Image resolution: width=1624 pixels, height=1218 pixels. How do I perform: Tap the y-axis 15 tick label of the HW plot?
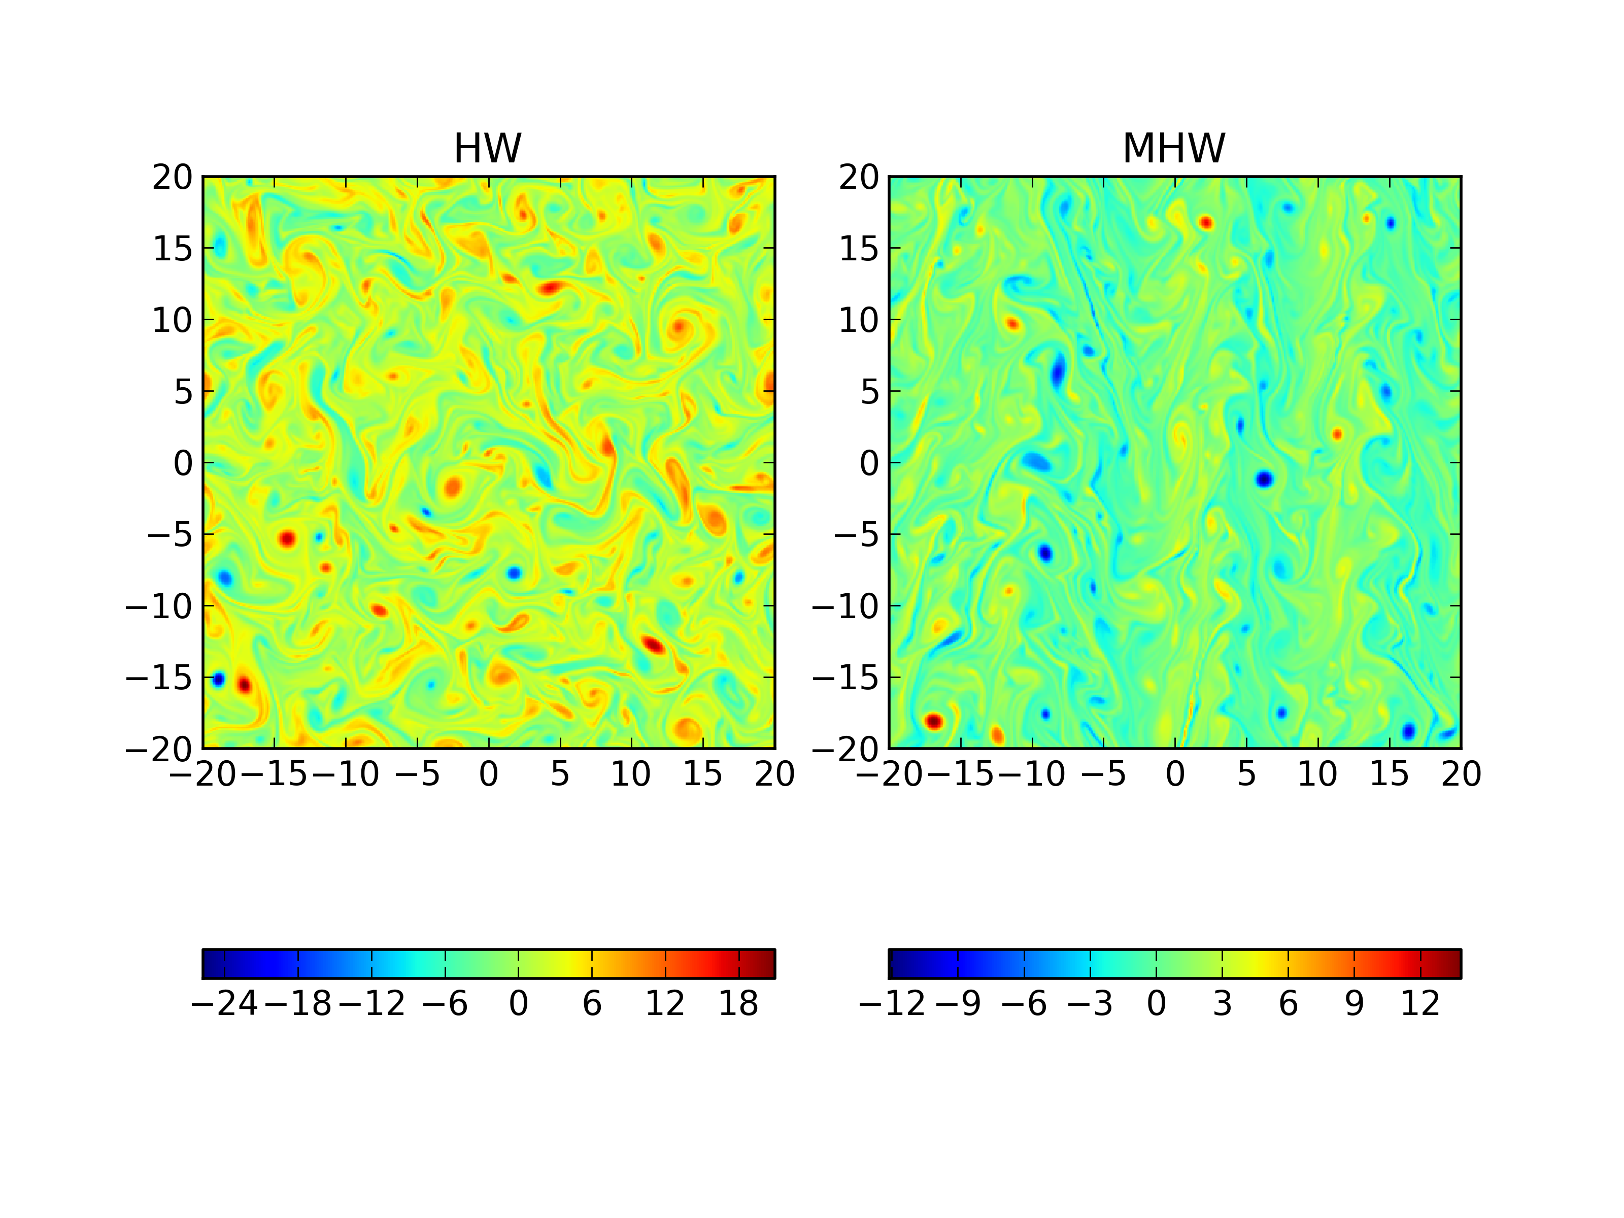click(173, 249)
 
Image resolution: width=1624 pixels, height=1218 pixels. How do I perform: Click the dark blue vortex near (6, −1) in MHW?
click(1264, 480)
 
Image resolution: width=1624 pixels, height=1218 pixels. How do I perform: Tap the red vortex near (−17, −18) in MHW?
click(934, 721)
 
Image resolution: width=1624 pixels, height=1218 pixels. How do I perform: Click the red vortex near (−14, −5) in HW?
click(287, 538)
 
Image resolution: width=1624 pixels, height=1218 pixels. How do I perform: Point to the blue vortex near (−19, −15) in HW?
click(218, 679)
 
